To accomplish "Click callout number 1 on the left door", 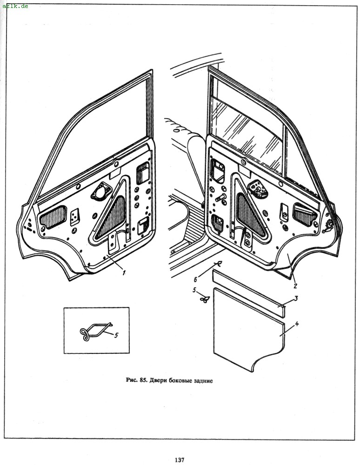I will pyautogui.click(x=124, y=273).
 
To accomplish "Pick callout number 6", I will pyautogui.click(x=196, y=279).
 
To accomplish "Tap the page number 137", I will pyautogui.click(x=180, y=459).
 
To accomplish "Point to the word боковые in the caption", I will pyautogui.click(x=180, y=380).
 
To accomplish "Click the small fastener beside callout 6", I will pyautogui.click(x=217, y=265).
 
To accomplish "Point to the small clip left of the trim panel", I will pyautogui.click(x=203, y=299).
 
